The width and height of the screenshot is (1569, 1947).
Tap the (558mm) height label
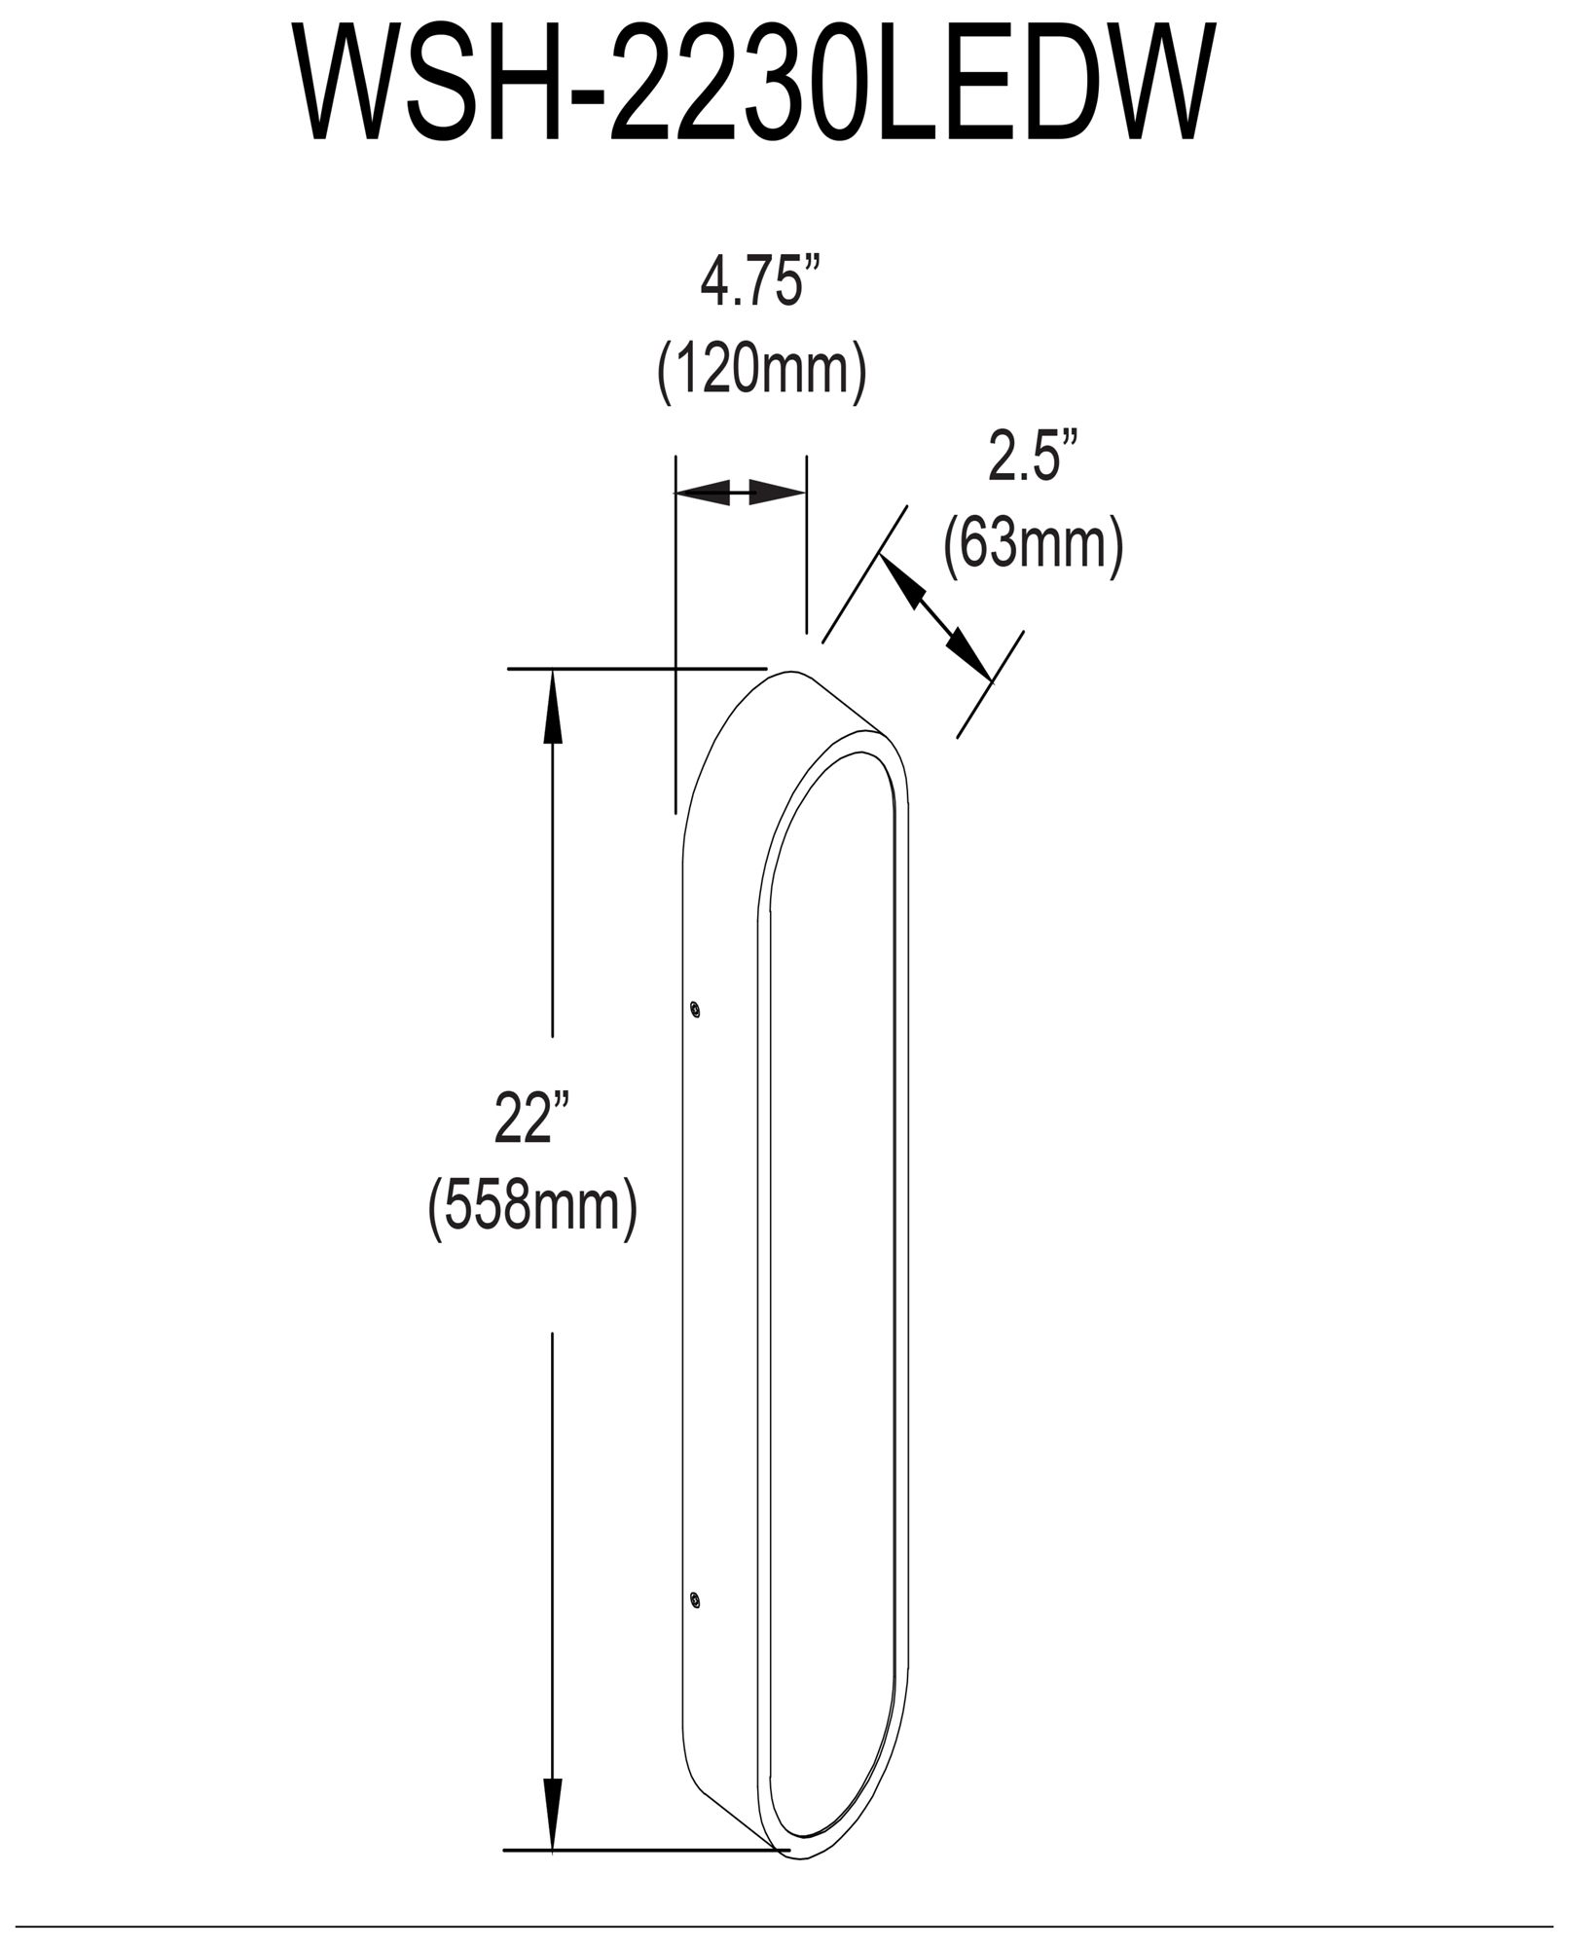[533, 1207]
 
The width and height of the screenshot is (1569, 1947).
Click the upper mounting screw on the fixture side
[694, 1009]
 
